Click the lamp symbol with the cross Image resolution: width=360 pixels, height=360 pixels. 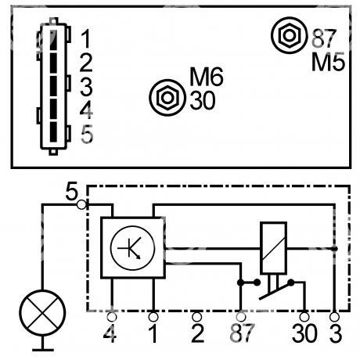pyautogui.click(x=42, y=313)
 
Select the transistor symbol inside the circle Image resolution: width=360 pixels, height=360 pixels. pyautogui.click(x=132, y=248)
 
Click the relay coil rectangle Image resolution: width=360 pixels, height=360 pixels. pyautogui.click(x=273, y=247)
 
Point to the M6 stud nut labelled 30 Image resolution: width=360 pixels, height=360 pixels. pyautogui.click(x=167, y=98)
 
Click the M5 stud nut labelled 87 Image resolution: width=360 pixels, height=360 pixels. pyautogui.click(x=290, y=35)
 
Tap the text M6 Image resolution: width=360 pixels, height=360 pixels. pyautogui.click(x=207, y=77)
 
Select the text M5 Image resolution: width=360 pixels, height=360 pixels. pyautogui.click(x=328, y=62)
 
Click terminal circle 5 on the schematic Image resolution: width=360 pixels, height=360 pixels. pyautogui.click(x=81, y=205)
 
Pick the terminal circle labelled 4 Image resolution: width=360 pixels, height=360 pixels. pyautogui.click(x=112, y=317)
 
